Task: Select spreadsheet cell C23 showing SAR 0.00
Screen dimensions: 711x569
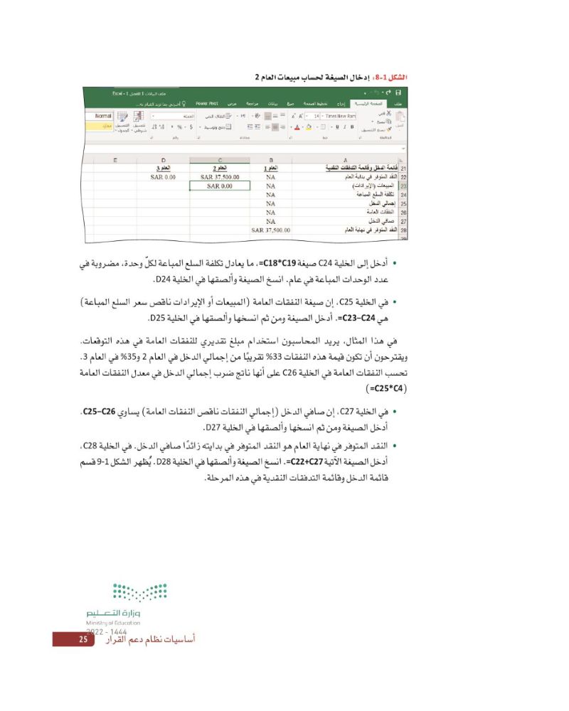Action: [220, 186]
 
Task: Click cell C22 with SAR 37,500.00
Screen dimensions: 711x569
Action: [220, 177]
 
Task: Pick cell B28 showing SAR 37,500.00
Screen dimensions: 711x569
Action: [270, 230]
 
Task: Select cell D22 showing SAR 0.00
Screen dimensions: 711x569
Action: [163, 177]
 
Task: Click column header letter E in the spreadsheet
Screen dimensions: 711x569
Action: [115, 160]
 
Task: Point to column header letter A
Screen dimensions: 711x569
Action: [344, 160]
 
